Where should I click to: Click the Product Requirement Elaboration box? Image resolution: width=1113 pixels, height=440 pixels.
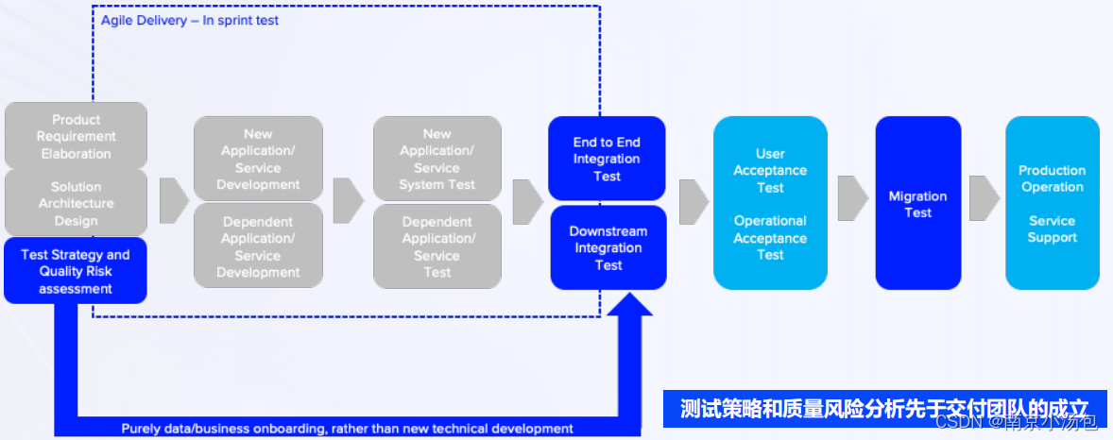pyautogui.click(x=76, y=136)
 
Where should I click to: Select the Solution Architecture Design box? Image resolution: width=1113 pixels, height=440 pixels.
pyautogui.click(x=76, y=203)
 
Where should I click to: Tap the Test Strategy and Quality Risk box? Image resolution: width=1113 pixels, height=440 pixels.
pyautogui.click(x=76, y=271)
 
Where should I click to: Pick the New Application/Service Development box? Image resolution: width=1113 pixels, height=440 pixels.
pyautogui.click(x=258, y=159)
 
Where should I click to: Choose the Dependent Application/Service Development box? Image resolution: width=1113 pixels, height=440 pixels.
pyautogui.click(x=258, y=246)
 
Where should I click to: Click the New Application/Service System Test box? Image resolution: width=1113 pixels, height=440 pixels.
pyautogui.click(x=437, y=159)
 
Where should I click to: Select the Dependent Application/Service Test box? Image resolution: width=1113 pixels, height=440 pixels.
pyautogui.click(x=437, y=246)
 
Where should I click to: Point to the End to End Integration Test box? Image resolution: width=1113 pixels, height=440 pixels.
pyautogui.click(x=607, y=159)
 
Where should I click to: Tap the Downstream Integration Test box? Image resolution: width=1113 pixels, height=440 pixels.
pyautogui.click(x=608, y=247)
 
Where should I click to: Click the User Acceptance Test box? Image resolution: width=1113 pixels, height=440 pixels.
pyautogui.click(x=770, y=203)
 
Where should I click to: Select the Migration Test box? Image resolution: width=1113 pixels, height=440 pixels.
pyautogui.click(x=917, y=203)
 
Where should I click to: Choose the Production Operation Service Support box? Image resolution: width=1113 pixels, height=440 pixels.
pyautogui.click(x=1052, y=203)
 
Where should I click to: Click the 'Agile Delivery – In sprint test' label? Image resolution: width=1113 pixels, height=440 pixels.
pyautogui.click(x=190, y=20)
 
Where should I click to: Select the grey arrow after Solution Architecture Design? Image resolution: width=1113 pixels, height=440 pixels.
pyautogui.click(x=174, y=201)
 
